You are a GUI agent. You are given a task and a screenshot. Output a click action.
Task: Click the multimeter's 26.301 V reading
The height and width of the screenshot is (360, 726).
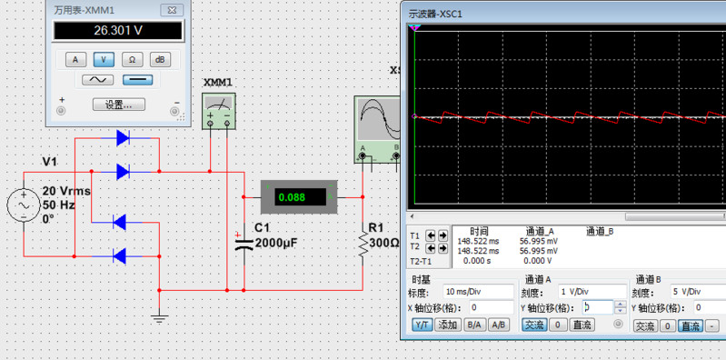pyautogui.click(x=118, y=31)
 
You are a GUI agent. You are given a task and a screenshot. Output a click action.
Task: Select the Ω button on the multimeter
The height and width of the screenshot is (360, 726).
pyautogui.click(x=132, y=59)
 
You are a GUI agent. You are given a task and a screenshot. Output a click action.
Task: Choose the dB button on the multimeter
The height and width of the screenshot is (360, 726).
pyautogui.click(x=160, y=59)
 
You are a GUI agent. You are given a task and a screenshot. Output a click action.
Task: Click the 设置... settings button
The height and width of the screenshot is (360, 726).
pyautogui.click(x=118, y=105)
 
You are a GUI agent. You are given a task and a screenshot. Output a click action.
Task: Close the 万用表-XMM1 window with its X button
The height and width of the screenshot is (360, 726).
pyautogui.click(x=172, y=10)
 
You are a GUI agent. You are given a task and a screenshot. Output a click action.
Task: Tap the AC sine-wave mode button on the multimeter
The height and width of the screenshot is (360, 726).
pyautogui.click(x=98, y=80)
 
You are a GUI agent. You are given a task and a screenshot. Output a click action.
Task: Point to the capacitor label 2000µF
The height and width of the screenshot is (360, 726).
pyautogui.click(x=274, y=243)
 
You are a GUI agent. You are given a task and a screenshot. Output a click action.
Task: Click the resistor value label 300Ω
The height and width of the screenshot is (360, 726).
pyautogui.click(x=383, y=243)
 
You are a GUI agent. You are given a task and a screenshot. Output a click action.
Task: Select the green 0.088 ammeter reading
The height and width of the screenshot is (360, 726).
pyautogui.click(x=293, y=197)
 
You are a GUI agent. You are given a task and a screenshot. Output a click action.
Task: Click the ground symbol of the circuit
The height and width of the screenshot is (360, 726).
pyautogui.click(x=159, y=318)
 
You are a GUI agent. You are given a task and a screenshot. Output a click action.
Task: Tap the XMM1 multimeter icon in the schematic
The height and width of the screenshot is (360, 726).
pyautogui.click(x=219, y=111)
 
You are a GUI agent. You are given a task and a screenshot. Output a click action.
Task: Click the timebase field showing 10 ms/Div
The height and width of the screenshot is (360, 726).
pyautogui.click(x=478, y=292)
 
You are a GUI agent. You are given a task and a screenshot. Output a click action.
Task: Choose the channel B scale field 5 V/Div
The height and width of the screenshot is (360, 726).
pyautogui.click(x=697, y=292)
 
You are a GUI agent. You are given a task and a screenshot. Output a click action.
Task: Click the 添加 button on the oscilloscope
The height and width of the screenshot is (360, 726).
pyautogui.click(x=449, y=325)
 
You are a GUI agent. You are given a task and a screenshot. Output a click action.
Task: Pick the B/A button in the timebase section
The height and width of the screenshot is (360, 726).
pyautogui.click(x=474, y=325)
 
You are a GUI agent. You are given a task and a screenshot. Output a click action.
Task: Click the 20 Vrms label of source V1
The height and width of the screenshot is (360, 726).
pyautogui.click(x=66, y=191)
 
